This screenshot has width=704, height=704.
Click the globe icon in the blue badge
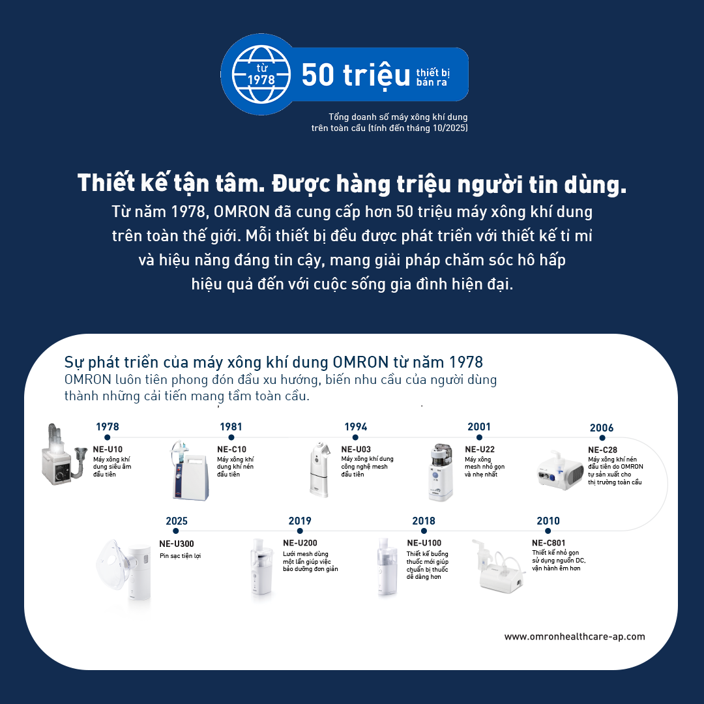261,74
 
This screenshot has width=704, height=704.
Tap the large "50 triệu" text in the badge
356,75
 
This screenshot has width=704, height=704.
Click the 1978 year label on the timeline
108,426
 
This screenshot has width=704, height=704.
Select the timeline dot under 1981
231,437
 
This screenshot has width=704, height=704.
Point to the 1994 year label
356,426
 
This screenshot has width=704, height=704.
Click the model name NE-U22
480,449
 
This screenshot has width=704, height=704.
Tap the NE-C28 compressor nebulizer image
561,471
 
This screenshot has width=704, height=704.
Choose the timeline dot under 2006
602,438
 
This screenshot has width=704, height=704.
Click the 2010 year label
548,521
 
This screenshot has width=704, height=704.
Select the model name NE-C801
549,543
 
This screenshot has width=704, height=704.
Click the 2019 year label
300,521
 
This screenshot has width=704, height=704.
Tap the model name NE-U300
177,544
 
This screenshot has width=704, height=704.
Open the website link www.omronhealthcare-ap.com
575,637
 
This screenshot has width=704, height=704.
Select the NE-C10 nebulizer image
190,471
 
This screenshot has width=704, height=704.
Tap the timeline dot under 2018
424,531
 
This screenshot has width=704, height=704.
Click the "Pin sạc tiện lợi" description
180,556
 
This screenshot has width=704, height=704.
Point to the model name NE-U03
356,449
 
